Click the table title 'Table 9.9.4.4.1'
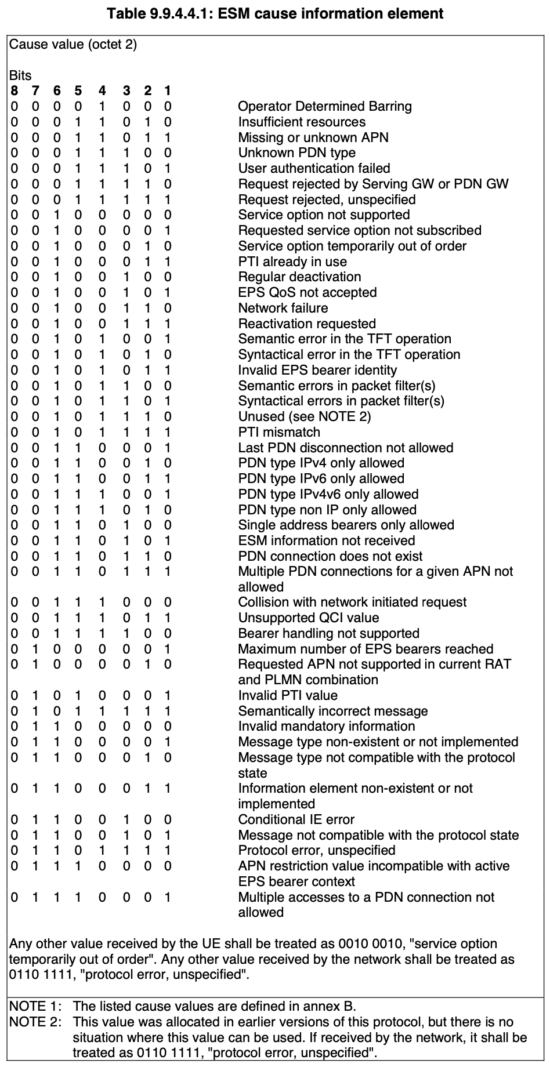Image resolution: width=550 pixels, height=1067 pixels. tap(275, 13)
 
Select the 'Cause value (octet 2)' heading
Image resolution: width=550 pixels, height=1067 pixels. tap(73, 45)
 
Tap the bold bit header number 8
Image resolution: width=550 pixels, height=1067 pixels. tap(14, 91)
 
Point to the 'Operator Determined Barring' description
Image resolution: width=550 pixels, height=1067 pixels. tap(325, 107)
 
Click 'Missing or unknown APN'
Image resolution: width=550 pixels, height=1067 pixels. tap(313, 137)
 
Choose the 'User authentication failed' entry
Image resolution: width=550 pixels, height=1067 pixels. tap(314, 169)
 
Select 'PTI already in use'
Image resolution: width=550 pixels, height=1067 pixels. tap(292, 262)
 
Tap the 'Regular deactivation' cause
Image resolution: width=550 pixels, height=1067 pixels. tap(299, 277)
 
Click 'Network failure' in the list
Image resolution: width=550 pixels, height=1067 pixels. tap(283, 308)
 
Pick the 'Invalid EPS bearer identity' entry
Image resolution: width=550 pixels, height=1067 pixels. tap(317, 370)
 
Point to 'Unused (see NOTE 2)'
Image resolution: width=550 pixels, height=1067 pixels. tap(305, 416)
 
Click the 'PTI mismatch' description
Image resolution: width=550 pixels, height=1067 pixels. tap(279, 432)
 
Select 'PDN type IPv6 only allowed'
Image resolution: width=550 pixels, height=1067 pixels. tap(321, 478)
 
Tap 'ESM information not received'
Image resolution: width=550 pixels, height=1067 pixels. tap(327, 540)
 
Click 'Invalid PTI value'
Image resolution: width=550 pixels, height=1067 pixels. tap(288, 695)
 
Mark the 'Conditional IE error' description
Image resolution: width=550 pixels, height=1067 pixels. tap(296, 819)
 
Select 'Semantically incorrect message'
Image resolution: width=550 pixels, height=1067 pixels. tap(333, 711)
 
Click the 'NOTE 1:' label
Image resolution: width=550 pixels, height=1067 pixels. tap(35, 1006)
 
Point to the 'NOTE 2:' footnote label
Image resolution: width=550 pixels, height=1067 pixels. tap(35, 1022)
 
